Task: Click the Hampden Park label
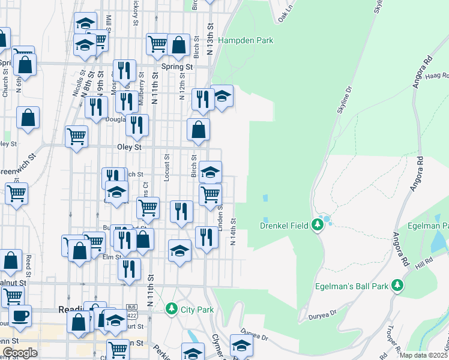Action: [x=246, y=41]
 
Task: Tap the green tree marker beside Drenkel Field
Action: [x=318, y=225]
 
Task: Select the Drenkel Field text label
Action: [x=284, y=226]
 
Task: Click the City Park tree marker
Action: [x=172, y=309]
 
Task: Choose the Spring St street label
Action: [x=176, y=67]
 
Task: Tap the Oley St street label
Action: [x=129, y=146]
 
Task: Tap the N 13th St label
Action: [x=211, y=39]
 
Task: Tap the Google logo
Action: [x=20, y=353]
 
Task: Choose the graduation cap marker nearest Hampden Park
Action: [x=222, y=97]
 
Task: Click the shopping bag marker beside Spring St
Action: [x=178, y=45]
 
